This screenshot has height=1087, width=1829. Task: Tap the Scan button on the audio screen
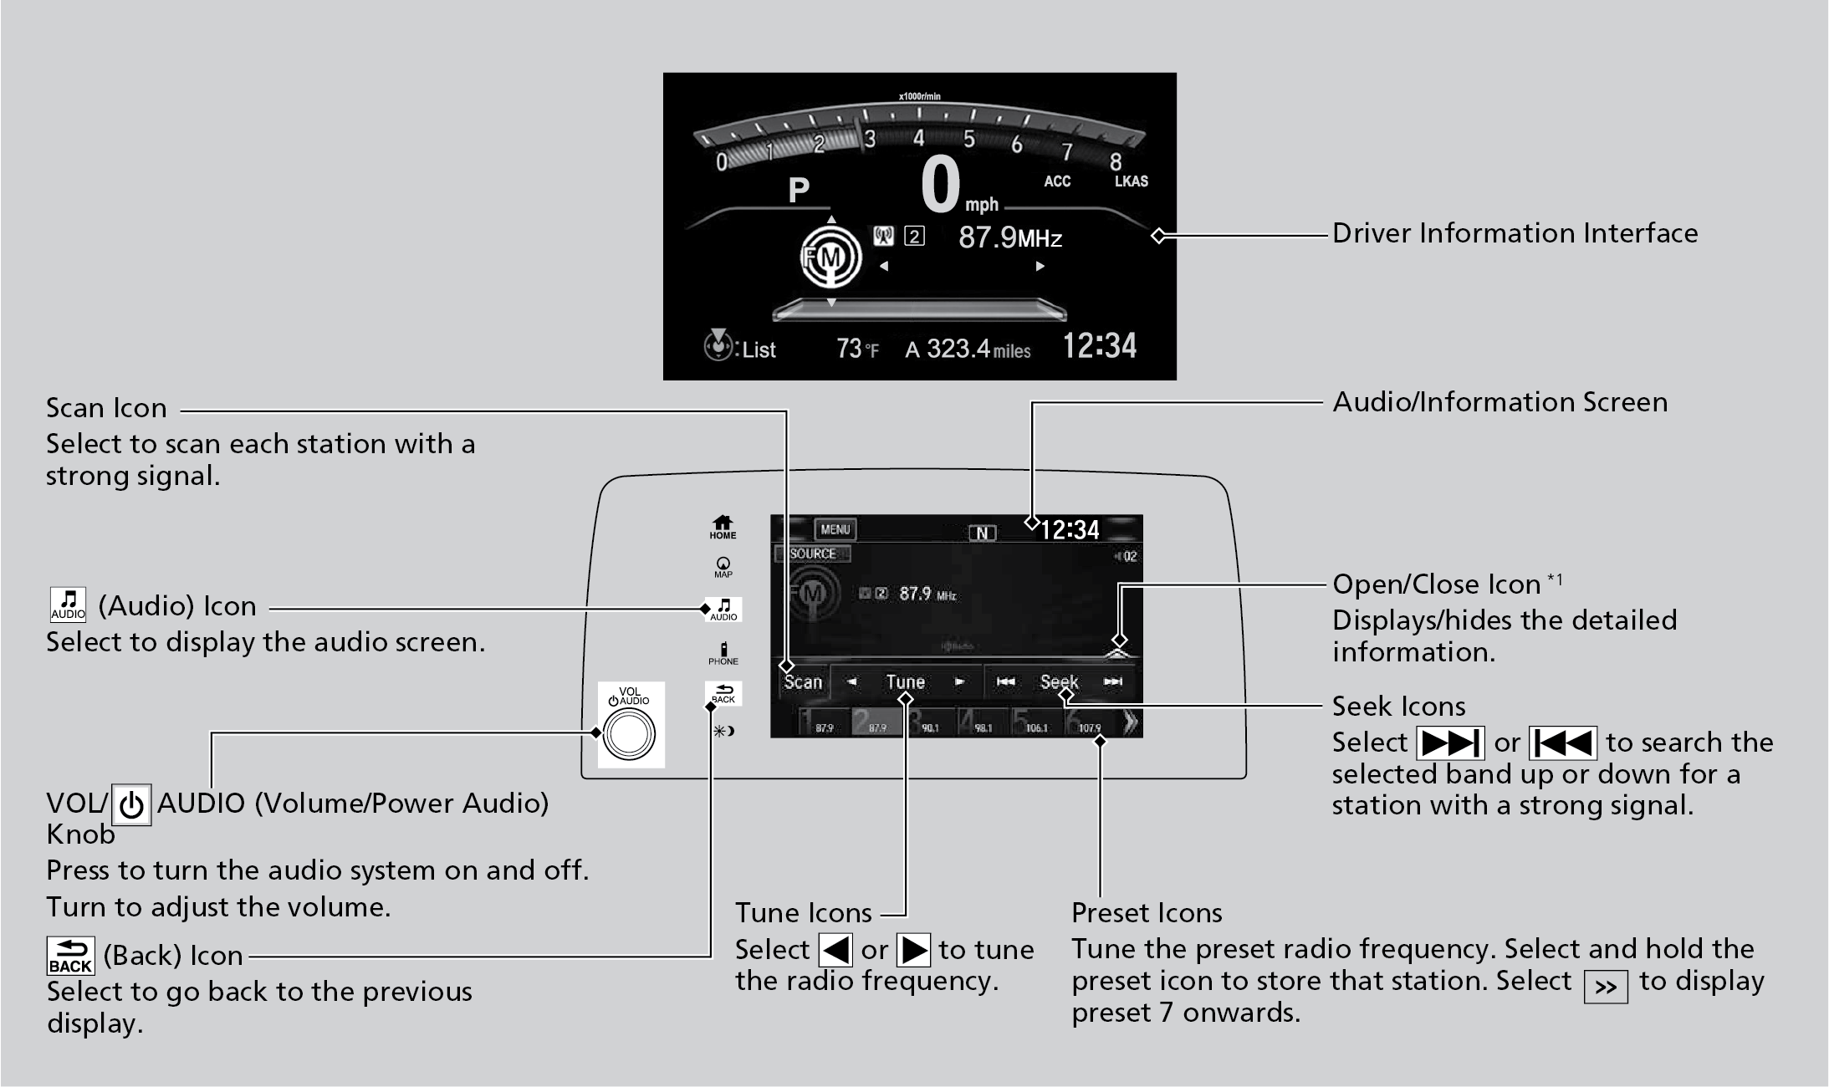tap(803, 682)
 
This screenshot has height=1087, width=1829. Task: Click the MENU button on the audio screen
tap(835, 529)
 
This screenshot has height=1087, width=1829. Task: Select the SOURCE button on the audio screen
tap(812, 554)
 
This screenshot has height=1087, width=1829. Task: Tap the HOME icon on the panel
tap(723, 527)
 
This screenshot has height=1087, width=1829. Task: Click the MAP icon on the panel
tap(723, 568)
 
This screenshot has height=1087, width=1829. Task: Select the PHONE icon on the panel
tap(723, 653)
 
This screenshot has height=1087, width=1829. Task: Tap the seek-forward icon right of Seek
tap(1112, 681)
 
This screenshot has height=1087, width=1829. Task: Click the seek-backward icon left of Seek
tap(1006, 681)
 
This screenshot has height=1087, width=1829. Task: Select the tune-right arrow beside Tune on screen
tap(960, 682)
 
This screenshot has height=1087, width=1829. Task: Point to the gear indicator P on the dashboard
tap(799, 191)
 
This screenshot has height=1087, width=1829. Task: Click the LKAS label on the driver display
tap(1131, 181)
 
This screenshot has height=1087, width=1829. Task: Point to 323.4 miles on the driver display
tap(968, 349)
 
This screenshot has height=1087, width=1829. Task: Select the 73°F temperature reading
tap(857, 349)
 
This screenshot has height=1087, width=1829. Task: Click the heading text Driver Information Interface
tap(1515, 233)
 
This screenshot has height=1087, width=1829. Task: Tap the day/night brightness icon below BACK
tap(723, 731)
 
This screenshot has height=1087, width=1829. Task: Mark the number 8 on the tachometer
tap(1116, 161)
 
